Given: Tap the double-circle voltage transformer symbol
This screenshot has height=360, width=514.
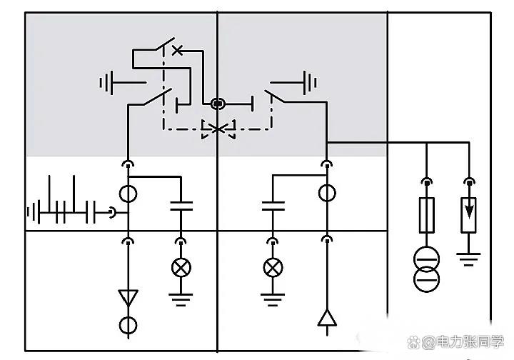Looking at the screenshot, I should pyautogui.click(x=426, y=269).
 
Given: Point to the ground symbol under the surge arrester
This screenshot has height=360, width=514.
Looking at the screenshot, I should pyautogui.click(x=469, y=259).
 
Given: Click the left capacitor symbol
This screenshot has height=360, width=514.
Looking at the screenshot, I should pyautogui.click(x=181, y=207).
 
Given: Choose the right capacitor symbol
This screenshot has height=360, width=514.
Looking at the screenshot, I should pyautogui.click(x=272, y=207).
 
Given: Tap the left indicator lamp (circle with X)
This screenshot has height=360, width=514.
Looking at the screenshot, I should pyautogui.click(x=181, y=268).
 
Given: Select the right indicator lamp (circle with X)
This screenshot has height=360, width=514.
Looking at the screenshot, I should pyautogui.click(x=272, y=268).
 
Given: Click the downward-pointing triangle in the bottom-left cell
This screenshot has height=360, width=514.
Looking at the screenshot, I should pyautogui.click(x=128, y=296).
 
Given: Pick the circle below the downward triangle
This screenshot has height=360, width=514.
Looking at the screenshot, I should pyautogui.click(x=128, y=326).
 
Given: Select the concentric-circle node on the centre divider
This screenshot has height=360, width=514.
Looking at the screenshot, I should pyautogui.click(x=218, y=104).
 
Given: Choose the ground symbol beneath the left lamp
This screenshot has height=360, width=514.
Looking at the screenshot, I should pyautogui.click(x=181, y=299).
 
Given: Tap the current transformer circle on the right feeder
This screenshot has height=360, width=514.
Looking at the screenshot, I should pyautogui.click(x=327, y=193).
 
